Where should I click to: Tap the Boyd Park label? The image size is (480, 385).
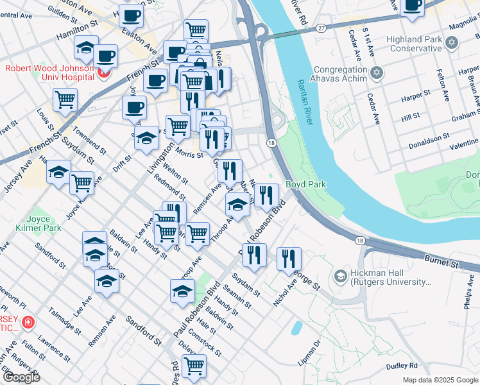(305, 184)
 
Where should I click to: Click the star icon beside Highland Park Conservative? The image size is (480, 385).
(452, 43)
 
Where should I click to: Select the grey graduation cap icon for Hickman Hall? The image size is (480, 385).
(341, 277)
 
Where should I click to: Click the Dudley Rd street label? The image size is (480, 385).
(402, 366)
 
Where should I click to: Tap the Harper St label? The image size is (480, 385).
(415, 96)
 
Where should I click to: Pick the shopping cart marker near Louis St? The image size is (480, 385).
(65, 99)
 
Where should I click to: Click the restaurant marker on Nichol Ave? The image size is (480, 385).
(289, 258)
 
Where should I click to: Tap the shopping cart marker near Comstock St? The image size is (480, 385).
(193, 366)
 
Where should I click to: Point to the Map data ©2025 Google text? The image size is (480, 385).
(440, 379)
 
